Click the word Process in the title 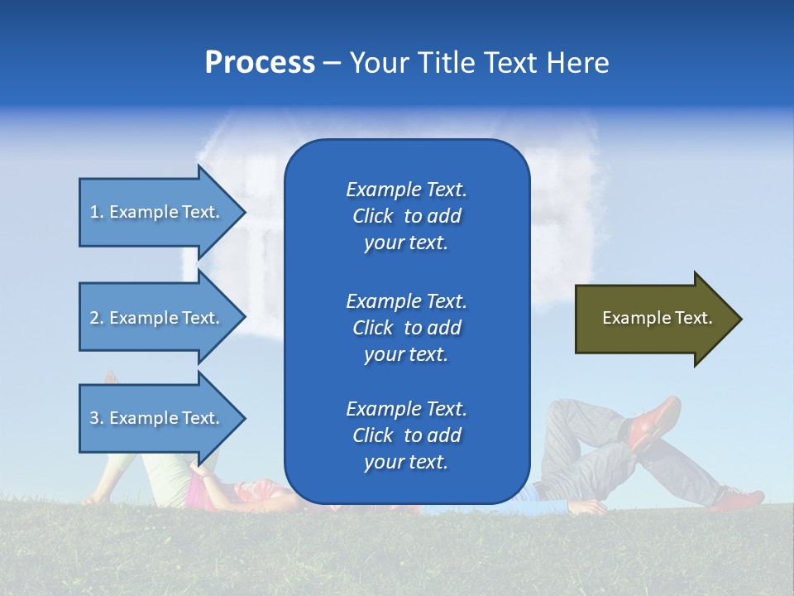[260, 63]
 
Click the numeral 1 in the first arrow [94, 212]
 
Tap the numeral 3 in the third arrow [94, 418]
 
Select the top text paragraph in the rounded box [406, 216]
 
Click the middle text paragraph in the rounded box [406, 328]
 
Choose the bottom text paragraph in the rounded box [406, 435]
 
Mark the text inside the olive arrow [658, 318]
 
